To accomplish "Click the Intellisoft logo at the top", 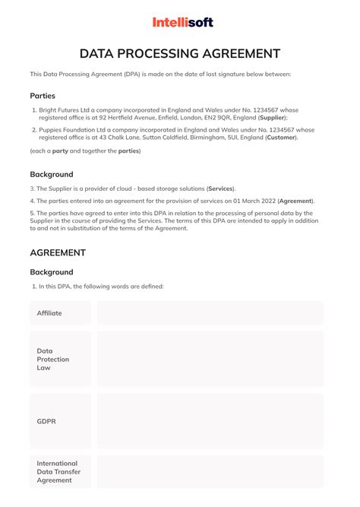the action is [x=183, y=23].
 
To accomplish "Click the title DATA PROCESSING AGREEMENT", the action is [x=180, y=53].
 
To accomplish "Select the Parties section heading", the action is [x=43, y=96].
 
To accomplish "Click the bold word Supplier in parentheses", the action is [x=272, y=118].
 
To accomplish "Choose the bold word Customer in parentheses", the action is [x=281, y=137].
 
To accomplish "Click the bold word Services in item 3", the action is [x=220, y=189].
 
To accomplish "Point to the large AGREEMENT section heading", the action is [x=58, y=252].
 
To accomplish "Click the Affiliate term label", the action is [x=49, y=313].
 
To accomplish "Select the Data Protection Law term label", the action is [x=53, y=359].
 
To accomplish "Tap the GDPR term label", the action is [x=47, y=420].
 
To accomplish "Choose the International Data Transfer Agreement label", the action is [x=58, y=471].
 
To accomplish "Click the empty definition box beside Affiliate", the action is [x=210, y=313].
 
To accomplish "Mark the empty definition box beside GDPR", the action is [x=210, y=420].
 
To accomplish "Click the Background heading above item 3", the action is [x=52, y=175].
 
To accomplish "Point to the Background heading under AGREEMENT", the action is [x=52, y=272].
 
